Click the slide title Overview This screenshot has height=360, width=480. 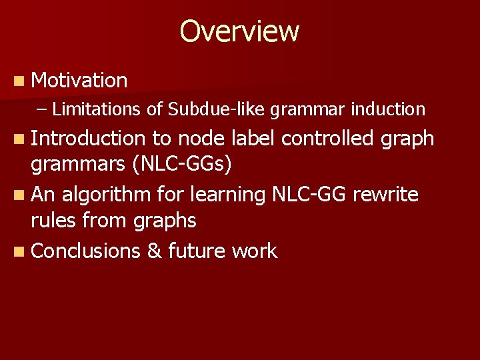pyautogui.click(x=239, y=31)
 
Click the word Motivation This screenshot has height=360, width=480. pyautogui.click(x=79, y=81)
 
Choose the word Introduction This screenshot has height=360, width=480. pyautogui.click(x=87, y=138)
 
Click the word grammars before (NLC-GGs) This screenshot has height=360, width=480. pyautogui.click(x=73, y=165)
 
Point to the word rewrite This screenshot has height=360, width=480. pyautogui.click(x=385, y=195)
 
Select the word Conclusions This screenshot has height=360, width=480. pyautogui.click(x=85, y=251)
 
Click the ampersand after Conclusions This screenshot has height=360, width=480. pyautogui.click(x=153, y=251)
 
